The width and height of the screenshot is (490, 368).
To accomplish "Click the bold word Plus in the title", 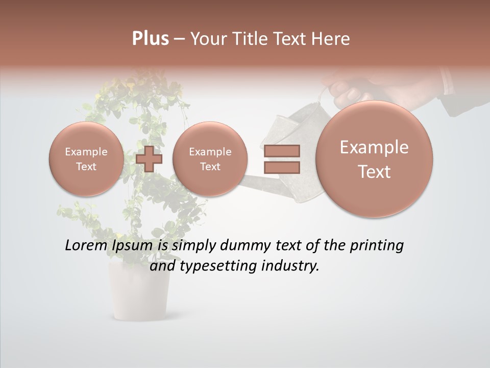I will pyautogui.click(x=150, y=39).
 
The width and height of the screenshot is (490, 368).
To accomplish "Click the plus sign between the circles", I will pyautogui.click(x=149, y=158).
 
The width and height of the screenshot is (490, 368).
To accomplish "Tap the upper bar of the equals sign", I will pyautogui.click(x=281, y=151).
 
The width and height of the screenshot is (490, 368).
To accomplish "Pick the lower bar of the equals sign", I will pyautogui.click(x=281, y=167).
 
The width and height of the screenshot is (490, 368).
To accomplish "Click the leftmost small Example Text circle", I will pyautogui.click(x=86, y=159).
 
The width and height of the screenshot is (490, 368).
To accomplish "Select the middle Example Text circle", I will pyautogui.click(x=210, y=159).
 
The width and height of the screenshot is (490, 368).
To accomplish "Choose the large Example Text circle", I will pyautogui.click(x=374, y=159).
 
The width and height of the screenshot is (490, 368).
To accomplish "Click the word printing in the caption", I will pyautogui.click(x=376, y=246).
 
